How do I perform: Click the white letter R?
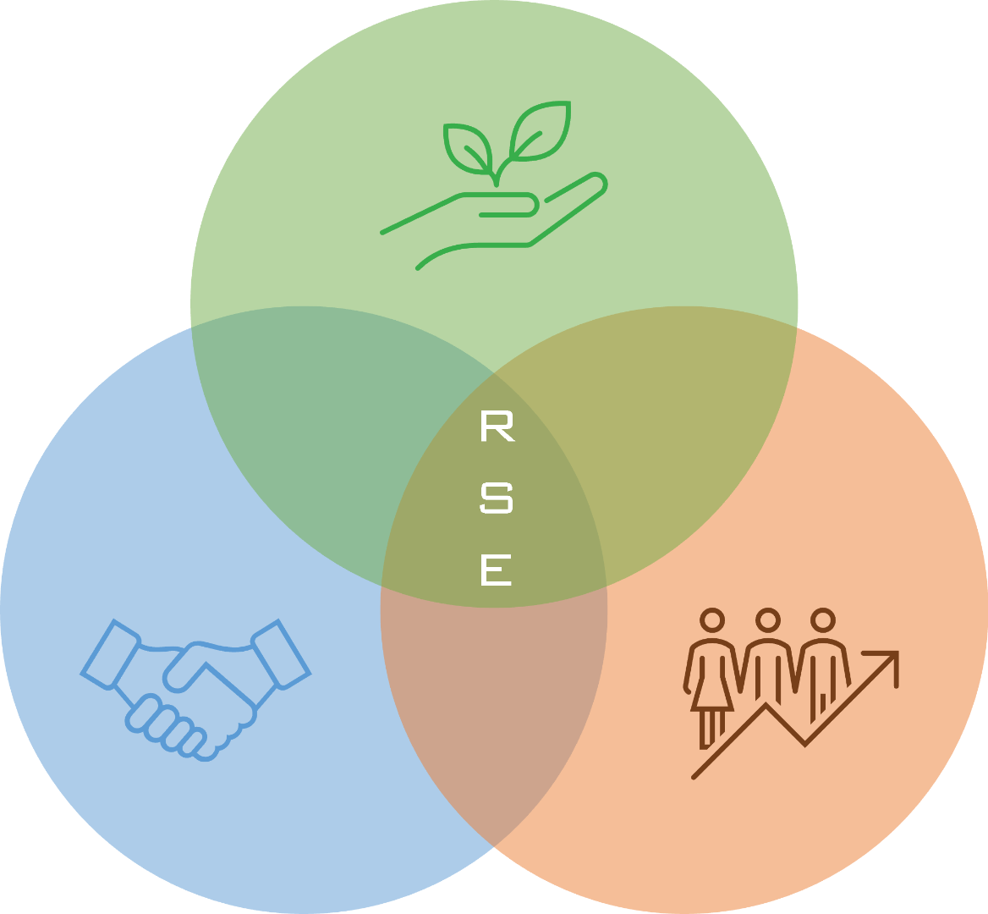tap(497, 427)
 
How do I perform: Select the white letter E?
tap(497, 570)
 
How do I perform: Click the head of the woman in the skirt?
tap(713, 620)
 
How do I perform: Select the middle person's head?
tap(767, 620)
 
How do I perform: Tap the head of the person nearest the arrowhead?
tap(822, 620)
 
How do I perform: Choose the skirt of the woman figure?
tap(712, 694)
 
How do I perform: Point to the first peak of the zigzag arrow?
tap(766, 705)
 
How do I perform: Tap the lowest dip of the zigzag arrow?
tap(804, 743)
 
